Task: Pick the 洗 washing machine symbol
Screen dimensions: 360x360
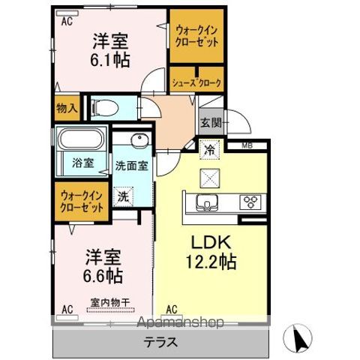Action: tap(122, 197)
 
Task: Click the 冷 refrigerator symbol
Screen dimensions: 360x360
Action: tap(210, 149)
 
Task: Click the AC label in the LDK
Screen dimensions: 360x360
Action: tap(171, 308)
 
